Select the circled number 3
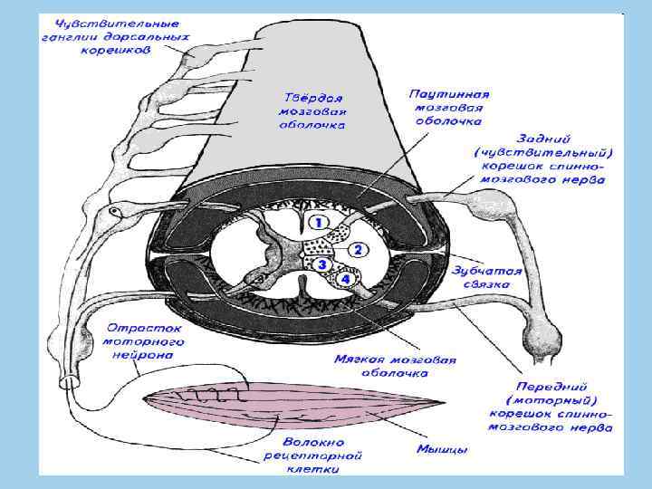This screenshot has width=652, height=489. point(321,264)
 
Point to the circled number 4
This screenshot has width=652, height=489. point(345,280)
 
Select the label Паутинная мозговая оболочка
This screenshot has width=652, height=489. point(449,106)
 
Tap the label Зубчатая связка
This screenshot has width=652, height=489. point(480,277)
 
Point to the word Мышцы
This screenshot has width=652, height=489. point(442,447)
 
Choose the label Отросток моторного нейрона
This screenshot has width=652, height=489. point(146,342)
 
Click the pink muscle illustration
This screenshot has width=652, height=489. point(290,403)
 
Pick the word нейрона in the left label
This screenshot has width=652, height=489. point(146,356)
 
